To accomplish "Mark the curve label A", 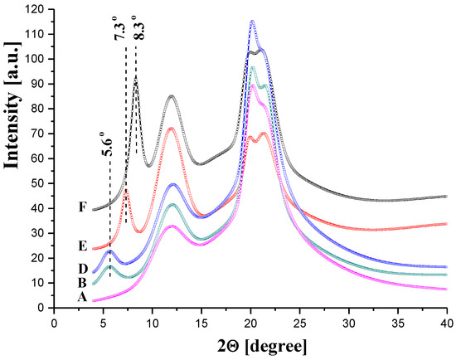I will pos(82,297).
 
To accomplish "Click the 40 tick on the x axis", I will pos(447,319).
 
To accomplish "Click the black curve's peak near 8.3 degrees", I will pos(136,79).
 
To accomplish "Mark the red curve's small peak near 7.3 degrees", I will pos(125,191).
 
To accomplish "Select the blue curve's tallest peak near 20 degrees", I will pos(252,22).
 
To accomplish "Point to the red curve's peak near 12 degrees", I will pos(171,128).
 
